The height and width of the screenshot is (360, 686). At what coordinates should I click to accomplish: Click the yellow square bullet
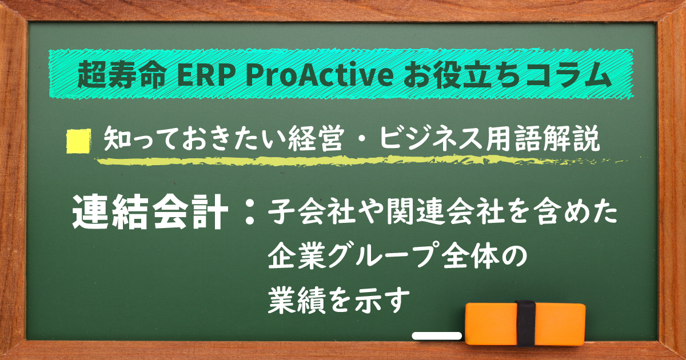79,141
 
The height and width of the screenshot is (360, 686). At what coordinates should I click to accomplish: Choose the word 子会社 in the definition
308,214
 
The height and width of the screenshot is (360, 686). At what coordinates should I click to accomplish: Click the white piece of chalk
437,336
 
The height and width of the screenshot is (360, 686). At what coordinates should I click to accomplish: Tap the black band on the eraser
524,323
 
